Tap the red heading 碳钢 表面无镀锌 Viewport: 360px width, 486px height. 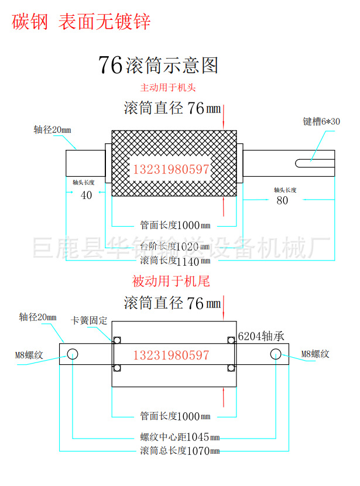click(x=81, y=22)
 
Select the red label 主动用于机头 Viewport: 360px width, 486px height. click(x=168, y=88)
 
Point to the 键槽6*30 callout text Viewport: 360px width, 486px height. click(x=321, y=121)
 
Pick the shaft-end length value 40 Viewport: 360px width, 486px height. click(x=86, y=196)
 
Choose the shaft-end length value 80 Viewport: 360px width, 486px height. click(x=282, y=200)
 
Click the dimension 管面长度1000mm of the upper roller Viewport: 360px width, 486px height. click(x=175, y=225)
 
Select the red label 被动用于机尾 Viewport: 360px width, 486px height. click(x=171, y=282)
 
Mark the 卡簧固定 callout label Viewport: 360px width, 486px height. click(x=89, y=320)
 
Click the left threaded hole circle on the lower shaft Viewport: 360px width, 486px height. click(x=73, y=354)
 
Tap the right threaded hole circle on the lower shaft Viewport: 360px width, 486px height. click(x=276, y=354)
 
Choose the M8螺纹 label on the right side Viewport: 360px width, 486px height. click(x=316, y=354)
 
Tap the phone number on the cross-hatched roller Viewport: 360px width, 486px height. click(x=172, y=170)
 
